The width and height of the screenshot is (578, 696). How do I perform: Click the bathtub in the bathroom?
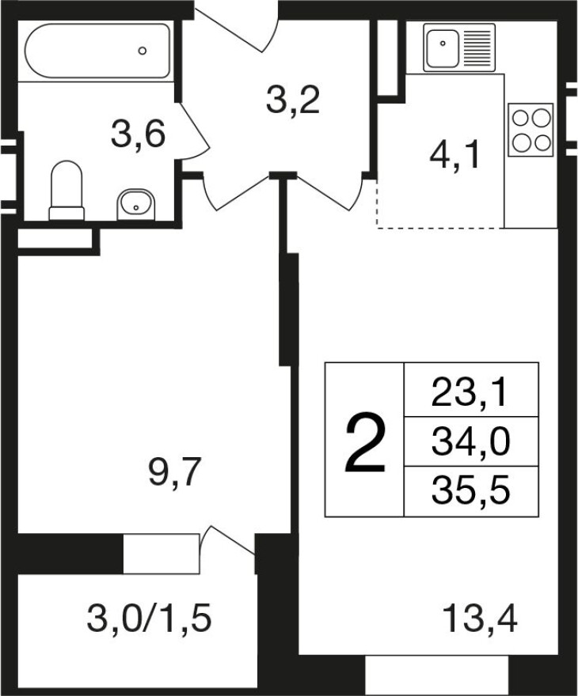[97, 51]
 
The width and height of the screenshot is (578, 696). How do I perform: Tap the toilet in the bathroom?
[67, 191]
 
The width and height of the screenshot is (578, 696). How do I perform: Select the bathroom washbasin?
[136, 205]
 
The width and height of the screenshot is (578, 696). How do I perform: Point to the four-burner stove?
[531, 130]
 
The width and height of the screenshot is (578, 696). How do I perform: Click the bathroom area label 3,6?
[139, 135]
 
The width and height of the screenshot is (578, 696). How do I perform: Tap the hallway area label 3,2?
[293, 100]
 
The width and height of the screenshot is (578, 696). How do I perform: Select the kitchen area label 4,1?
[455, 156]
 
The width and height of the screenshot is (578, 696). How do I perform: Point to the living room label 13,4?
[481, 619]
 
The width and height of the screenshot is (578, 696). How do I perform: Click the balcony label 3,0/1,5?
[149, 619]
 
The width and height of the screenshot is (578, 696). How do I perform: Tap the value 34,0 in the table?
[470, 442]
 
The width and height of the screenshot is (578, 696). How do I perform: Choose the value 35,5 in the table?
[470, 491]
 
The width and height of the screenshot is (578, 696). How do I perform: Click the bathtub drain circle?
[143, 51]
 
